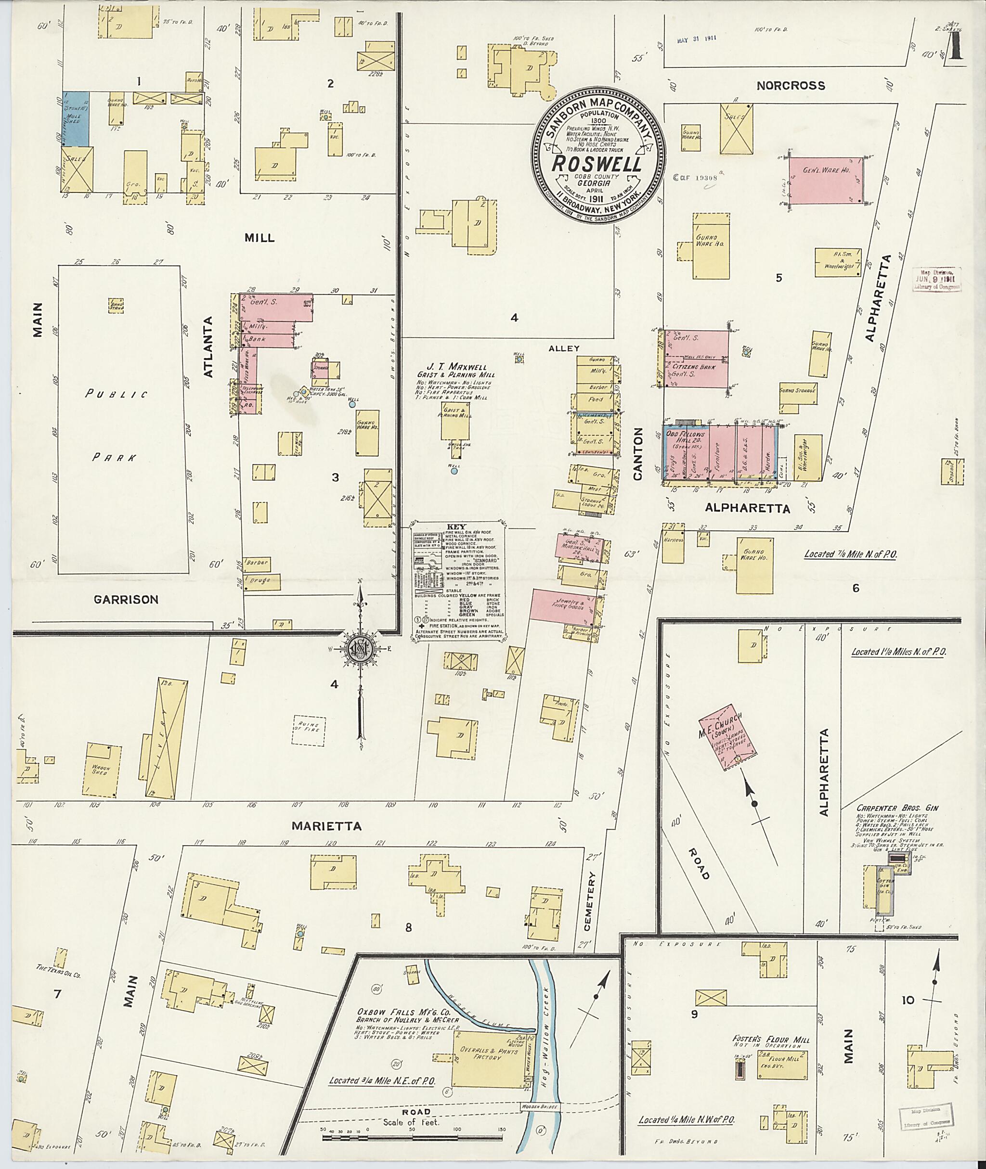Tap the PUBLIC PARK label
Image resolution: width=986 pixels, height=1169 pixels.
click(116, 424)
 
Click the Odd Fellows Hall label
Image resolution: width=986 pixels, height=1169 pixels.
click(685, 437)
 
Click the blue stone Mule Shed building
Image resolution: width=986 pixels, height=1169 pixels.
click(76, 118)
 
